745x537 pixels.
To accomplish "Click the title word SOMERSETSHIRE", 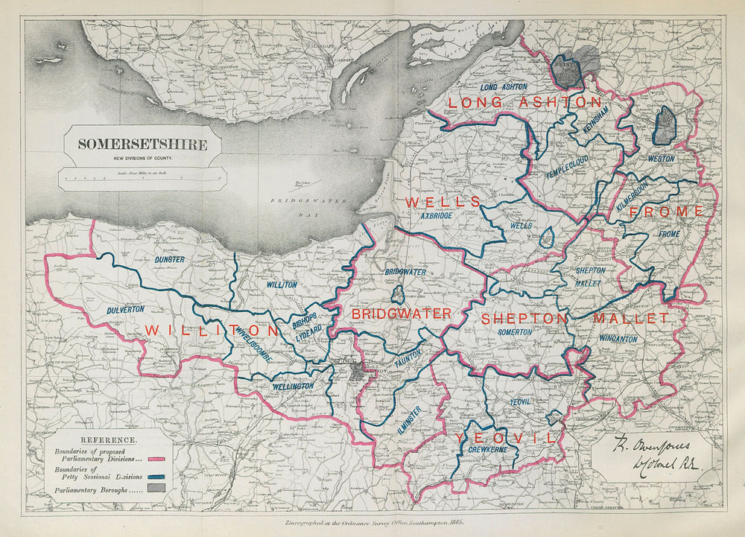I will pyautogui.click(x=143, y=144).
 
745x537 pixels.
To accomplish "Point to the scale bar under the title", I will pyautogui.click(x=143, y=178).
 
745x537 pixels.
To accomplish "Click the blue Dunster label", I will pyautogui.click(x=170, y=259).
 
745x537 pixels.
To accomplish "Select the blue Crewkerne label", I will pyautogui.click(x=488, y=451).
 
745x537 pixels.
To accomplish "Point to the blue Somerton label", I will pyautogui.click(x=515, y=332).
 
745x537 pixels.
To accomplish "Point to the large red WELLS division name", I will pyautogui.click(x=443, y=202).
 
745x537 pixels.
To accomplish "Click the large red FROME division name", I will pyautogui.click(x=666, y=212).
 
